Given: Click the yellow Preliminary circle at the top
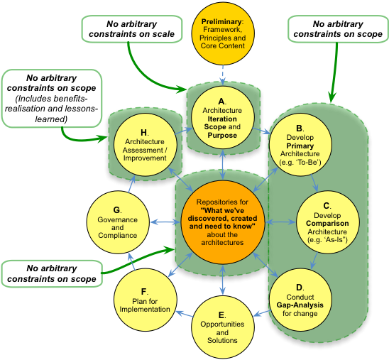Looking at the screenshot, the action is coord(223,33).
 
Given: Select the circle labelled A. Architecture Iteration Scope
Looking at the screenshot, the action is coord(222,118).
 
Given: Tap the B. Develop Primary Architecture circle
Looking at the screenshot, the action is coord(300,145).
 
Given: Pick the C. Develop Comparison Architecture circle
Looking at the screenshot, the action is coord(327,222).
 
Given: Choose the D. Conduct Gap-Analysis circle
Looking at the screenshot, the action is coord(300,300).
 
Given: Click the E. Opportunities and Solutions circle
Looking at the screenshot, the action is coord(222,327).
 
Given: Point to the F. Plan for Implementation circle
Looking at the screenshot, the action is coord(145,300).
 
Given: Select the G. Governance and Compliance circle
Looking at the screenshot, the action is coord(118,222).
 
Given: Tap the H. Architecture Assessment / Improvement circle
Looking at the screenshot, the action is coord(145,145).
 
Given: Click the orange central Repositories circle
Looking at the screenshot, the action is coord(222,222).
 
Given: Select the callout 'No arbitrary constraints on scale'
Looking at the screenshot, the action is coord(132,29).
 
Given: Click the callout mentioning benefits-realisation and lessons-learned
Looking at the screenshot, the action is coord(52,99).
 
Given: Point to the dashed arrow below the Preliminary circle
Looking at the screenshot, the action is coord(223,75).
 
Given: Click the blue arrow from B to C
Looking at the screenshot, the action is coord(314,182).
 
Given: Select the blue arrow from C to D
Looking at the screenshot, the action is coord(314,261).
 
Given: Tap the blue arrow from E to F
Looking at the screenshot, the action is coord(185,314).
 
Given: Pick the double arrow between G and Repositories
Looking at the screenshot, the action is coord(165,222).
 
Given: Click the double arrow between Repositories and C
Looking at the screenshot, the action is coord(280,222).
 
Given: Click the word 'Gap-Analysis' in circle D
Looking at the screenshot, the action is coord(300,305).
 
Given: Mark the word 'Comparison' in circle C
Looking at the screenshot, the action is coord(327,223).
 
